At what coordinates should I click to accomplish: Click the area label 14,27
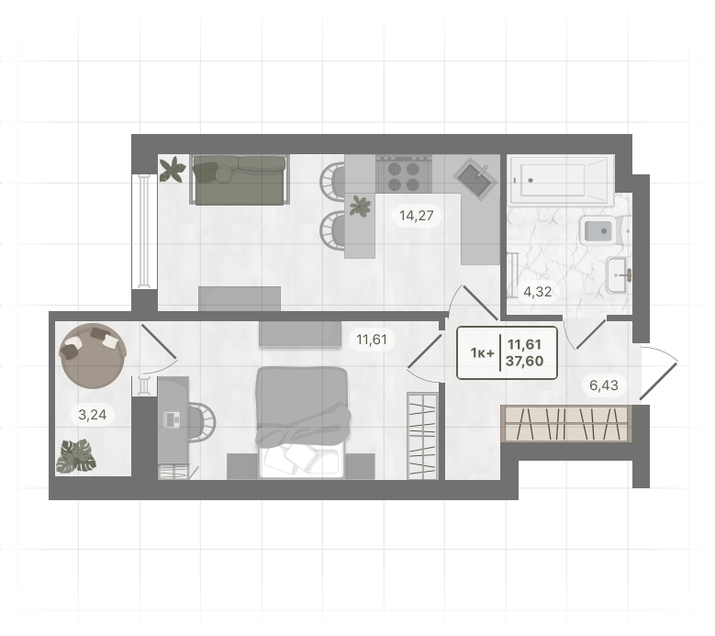417,215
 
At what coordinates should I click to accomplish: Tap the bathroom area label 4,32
538,291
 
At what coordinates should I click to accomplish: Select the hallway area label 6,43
604,385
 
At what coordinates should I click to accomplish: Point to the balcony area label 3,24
93,415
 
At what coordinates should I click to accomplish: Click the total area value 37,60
524,361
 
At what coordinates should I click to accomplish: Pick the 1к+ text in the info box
483,353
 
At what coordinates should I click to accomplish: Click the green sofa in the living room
240,180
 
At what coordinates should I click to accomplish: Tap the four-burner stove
404,174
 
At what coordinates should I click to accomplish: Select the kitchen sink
475,179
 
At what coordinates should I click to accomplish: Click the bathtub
562,180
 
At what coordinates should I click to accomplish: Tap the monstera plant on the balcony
76,456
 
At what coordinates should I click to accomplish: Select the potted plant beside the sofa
173,169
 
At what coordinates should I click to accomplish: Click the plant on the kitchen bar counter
360,206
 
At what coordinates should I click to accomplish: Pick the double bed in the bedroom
302,423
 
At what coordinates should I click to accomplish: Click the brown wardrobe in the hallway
567,424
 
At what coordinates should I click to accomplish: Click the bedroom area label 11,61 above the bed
372,340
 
